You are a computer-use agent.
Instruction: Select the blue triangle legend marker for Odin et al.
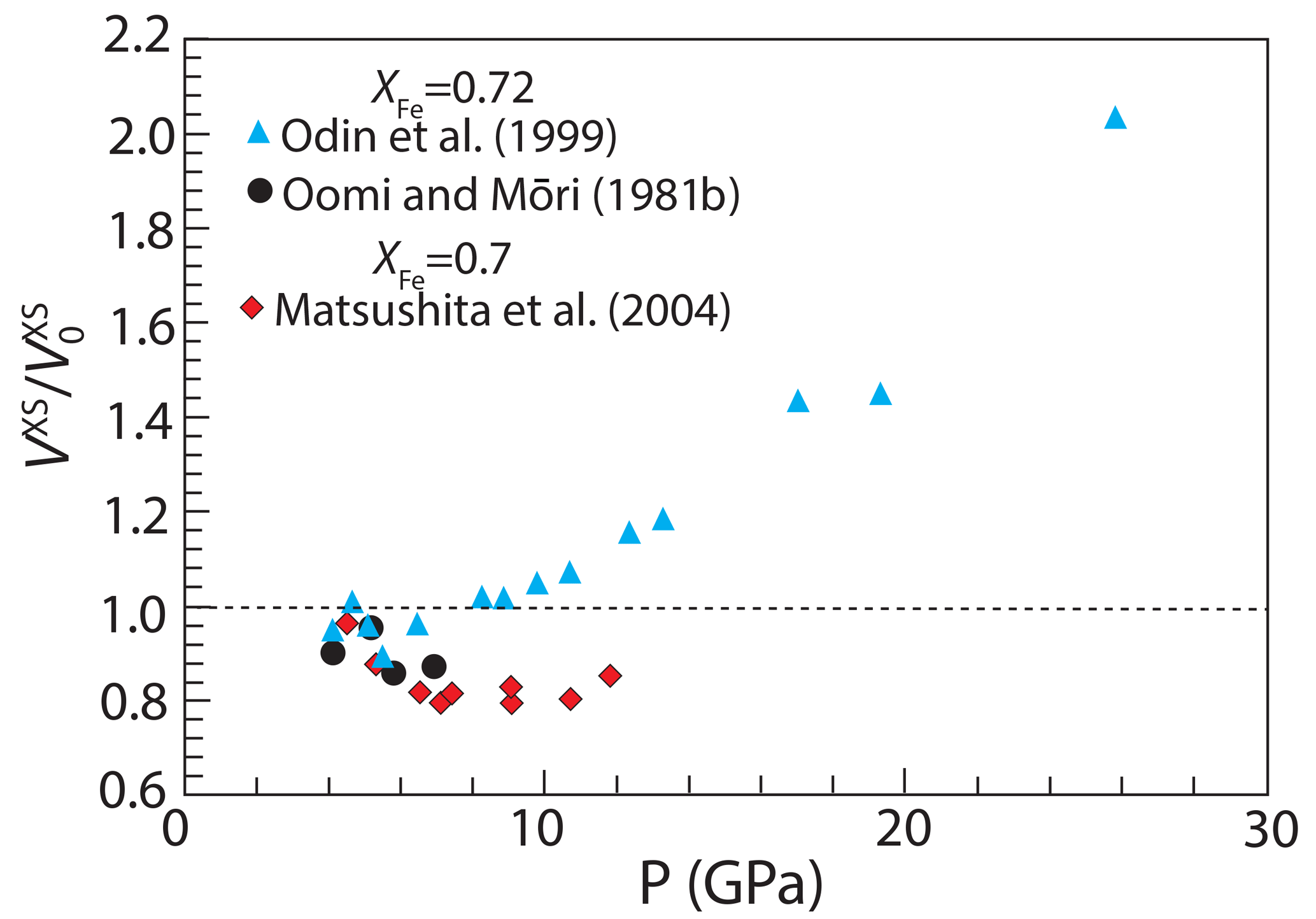coord(258,133)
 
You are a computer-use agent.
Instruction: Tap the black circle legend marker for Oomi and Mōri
coord(260,190)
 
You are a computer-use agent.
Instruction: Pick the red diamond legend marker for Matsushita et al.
coord(252,308)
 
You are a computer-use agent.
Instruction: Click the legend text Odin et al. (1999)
coord(449,136)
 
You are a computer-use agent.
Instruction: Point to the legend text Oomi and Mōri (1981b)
coord(511,194)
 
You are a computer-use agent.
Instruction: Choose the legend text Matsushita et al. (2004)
coord(502,310)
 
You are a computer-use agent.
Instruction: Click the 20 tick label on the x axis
coord(903,829)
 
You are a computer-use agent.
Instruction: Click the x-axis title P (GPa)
coord(731,883)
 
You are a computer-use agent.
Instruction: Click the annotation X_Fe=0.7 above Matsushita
coord(442,262)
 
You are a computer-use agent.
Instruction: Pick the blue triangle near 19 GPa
coord(880,395)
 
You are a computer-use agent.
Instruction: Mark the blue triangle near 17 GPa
coord(798,402)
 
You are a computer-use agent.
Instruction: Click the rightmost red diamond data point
coord(610,676)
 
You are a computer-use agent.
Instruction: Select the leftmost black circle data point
coord(332,653)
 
